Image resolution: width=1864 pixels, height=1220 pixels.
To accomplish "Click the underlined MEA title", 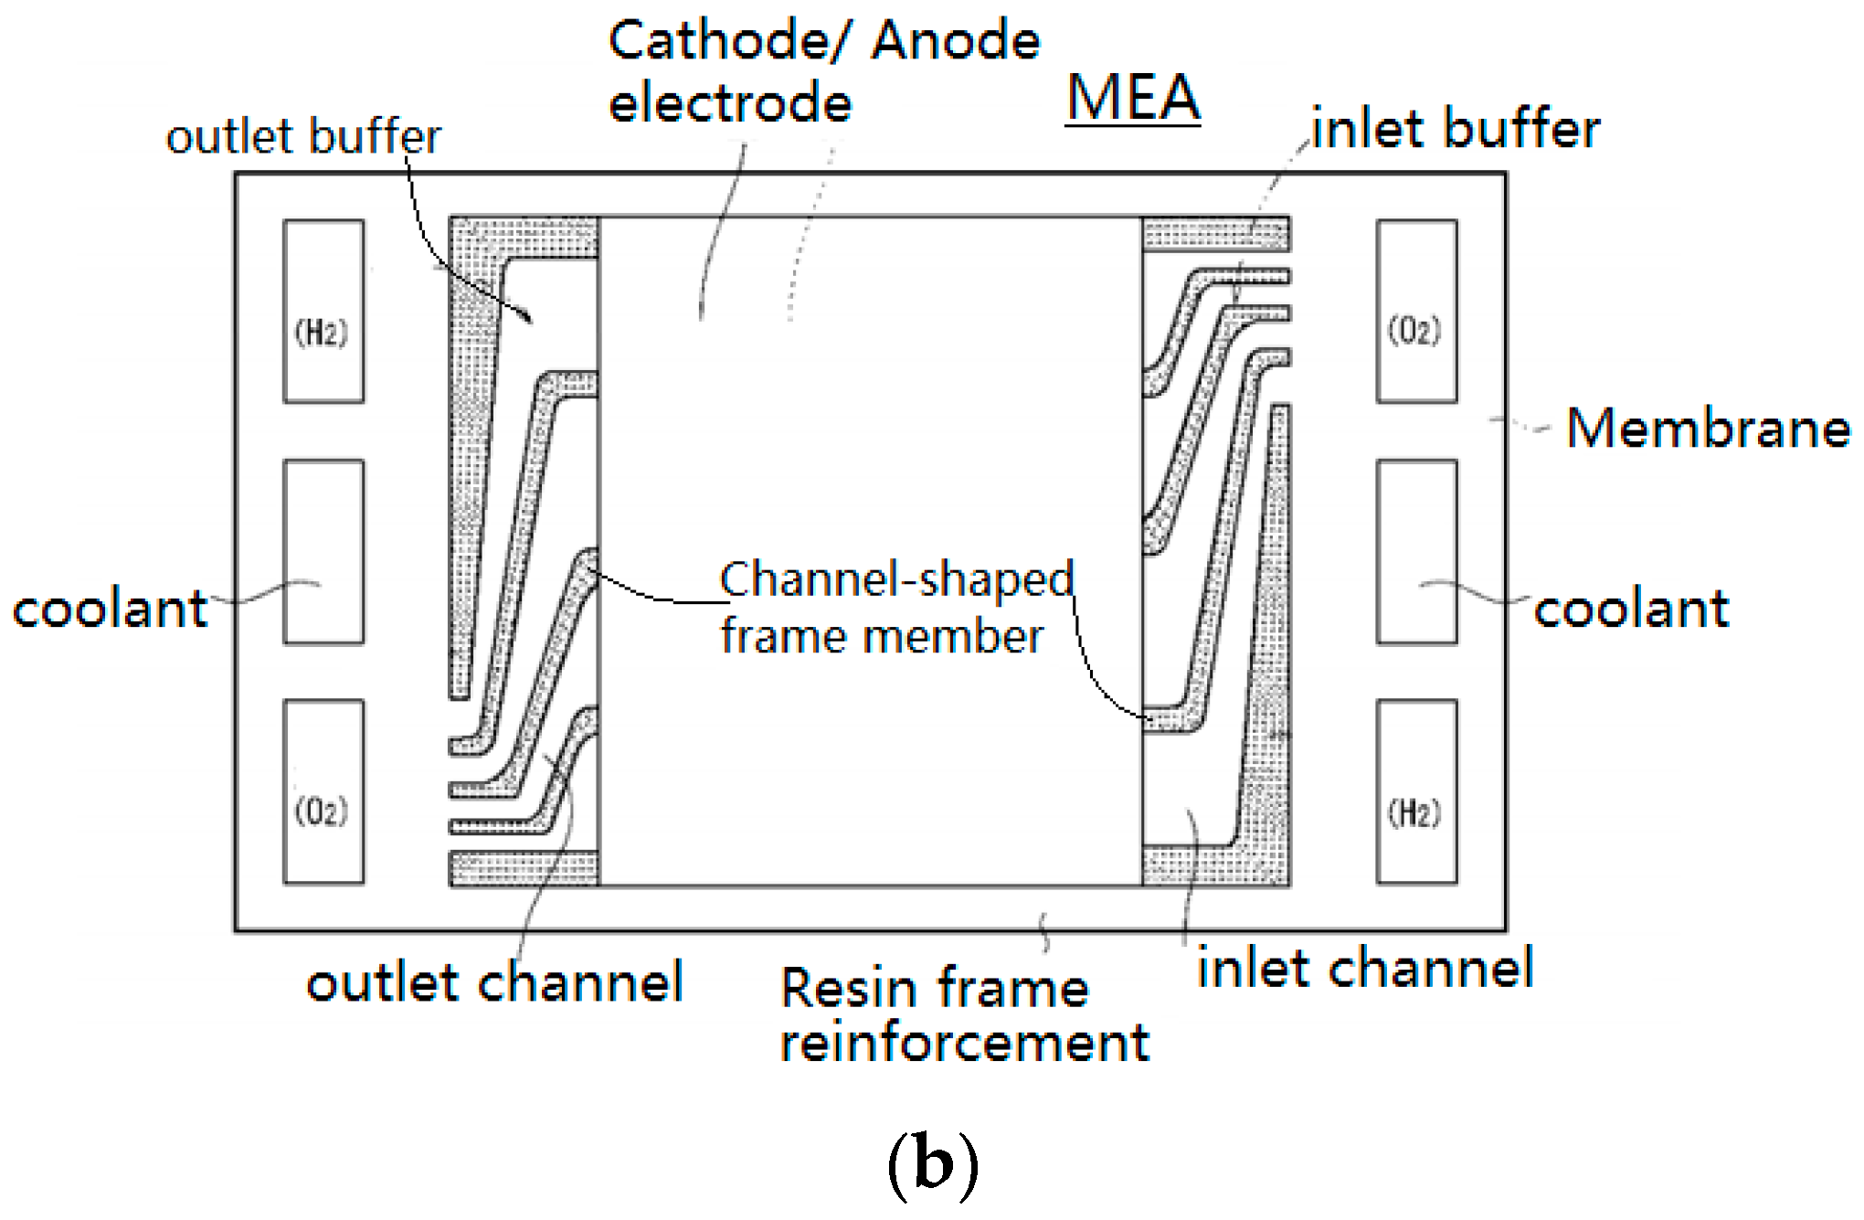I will pos(1133,98).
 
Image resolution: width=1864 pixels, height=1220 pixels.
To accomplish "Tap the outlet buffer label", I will pos(303,137).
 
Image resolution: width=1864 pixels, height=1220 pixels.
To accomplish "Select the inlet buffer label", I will pos(1456,128).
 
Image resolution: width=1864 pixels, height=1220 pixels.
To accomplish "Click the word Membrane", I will pos(1708,428).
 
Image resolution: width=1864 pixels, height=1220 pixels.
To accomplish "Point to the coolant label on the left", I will pos(110,609).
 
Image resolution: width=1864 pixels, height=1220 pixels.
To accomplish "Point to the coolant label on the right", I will pos(1631,609).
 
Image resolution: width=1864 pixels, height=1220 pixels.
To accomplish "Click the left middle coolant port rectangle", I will pos(323,552).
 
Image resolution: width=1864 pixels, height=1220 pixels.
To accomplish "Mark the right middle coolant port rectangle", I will pos(1416,552).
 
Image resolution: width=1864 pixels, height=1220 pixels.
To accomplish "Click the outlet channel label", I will pos(494,983).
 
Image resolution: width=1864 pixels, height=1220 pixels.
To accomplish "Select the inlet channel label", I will pos(1365,969).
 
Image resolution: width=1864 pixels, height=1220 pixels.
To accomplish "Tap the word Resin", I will pos(849,989).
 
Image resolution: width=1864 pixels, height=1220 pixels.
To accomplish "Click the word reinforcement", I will pos(964,1043).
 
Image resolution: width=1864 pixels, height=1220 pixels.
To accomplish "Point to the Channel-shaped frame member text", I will pos(895,608).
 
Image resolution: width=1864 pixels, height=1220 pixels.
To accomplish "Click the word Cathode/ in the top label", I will pos(730,41).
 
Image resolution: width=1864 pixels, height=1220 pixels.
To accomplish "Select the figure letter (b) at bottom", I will pos(932,1164).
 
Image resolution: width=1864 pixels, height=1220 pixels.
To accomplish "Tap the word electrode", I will pos(730,102).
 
